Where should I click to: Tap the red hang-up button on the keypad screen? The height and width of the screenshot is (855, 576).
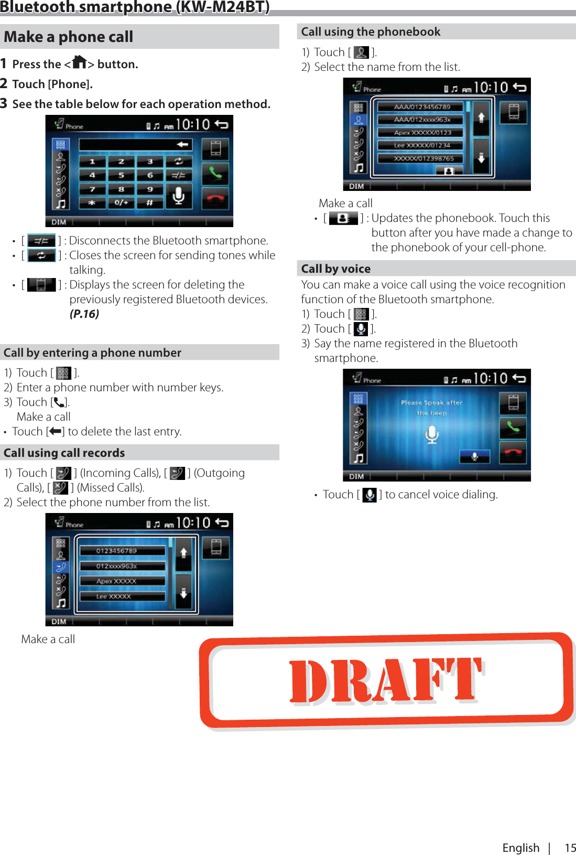215,198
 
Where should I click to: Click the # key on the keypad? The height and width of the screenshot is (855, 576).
149,202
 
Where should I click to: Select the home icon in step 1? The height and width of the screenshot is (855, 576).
80,62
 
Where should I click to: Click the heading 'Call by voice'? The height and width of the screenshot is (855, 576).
335,269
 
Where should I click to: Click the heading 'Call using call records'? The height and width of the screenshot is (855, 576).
64,453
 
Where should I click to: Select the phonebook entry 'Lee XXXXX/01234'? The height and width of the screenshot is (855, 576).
421,145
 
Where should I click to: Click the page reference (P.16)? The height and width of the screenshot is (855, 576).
84,314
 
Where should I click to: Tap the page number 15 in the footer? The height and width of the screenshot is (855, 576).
570,848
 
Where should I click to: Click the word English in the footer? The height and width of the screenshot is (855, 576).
520,848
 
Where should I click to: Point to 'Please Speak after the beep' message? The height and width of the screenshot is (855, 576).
431,408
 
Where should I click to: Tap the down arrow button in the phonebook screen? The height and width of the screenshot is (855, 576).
481,157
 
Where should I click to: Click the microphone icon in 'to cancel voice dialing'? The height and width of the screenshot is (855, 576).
369,495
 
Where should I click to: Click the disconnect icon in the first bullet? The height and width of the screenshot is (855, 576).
41,241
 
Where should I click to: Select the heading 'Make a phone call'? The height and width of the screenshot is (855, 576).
69,37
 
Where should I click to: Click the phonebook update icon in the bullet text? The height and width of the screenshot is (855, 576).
343,218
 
